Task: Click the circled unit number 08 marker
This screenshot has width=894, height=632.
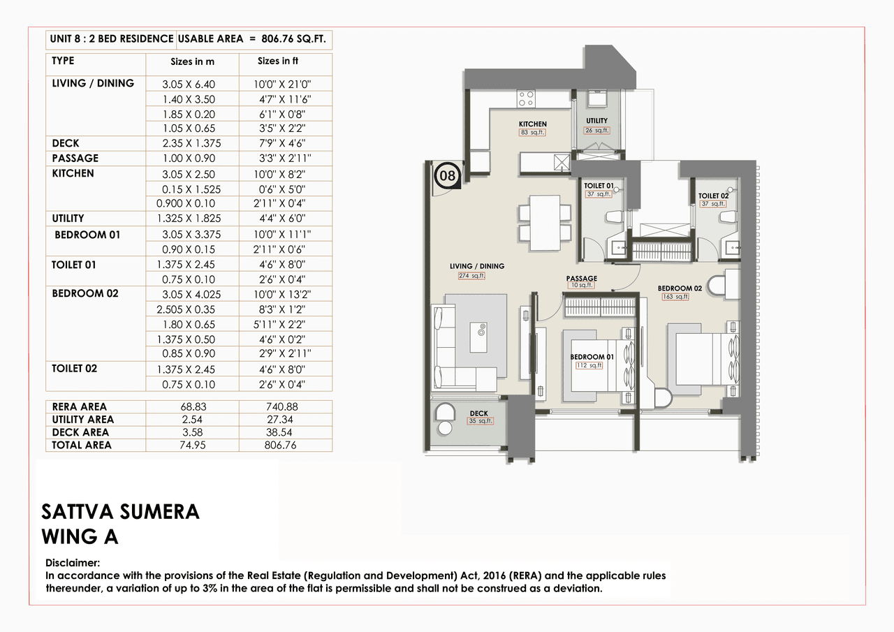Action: (x=447, y=175)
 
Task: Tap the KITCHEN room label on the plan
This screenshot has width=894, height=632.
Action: (x=532, y=124)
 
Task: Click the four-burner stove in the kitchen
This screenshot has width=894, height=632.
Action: (x=526, y=98)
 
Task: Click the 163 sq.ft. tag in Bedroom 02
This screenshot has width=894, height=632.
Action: (x=675, y=297)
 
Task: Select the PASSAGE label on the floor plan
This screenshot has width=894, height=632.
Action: (x=581, y=279)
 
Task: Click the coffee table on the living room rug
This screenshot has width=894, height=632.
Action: (x=481, y=338)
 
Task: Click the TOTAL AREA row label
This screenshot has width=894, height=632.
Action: (x=82, y=445)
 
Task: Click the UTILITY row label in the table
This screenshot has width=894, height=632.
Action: (x=68, y=218)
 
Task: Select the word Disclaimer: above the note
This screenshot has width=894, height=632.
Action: (x=73, y=563)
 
